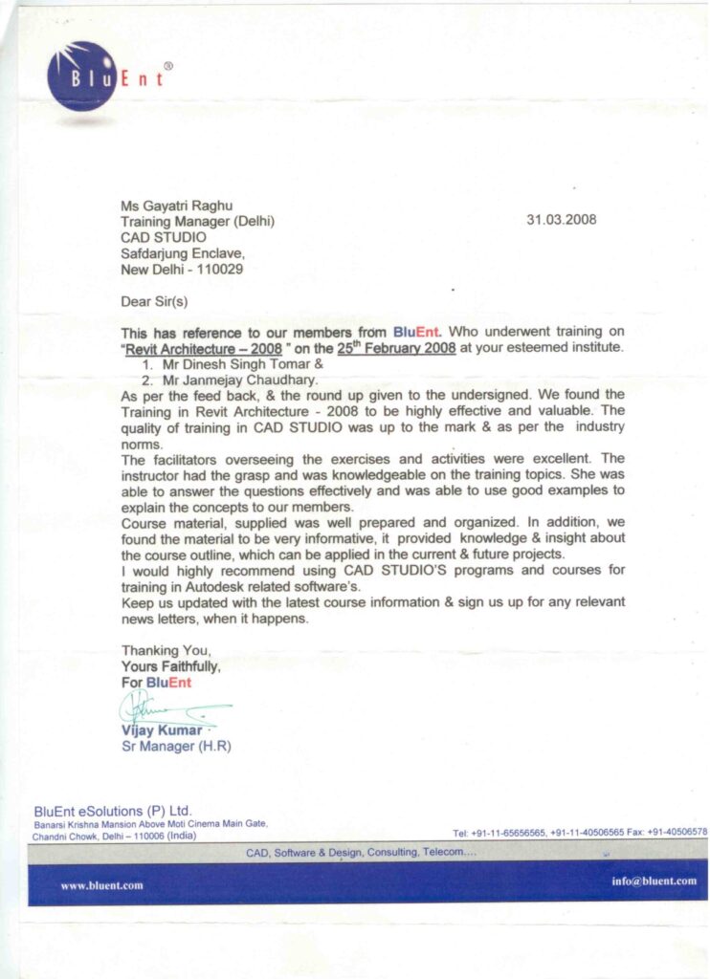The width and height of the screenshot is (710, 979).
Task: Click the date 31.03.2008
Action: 562,219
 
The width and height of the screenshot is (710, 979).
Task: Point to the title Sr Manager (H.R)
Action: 176,746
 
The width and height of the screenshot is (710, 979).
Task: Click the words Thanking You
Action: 165,650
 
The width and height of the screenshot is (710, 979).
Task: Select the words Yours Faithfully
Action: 171,666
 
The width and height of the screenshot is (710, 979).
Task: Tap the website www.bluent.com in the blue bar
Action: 102,884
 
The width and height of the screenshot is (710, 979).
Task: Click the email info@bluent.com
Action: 654,881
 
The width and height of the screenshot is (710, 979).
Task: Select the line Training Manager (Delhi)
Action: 197,221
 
